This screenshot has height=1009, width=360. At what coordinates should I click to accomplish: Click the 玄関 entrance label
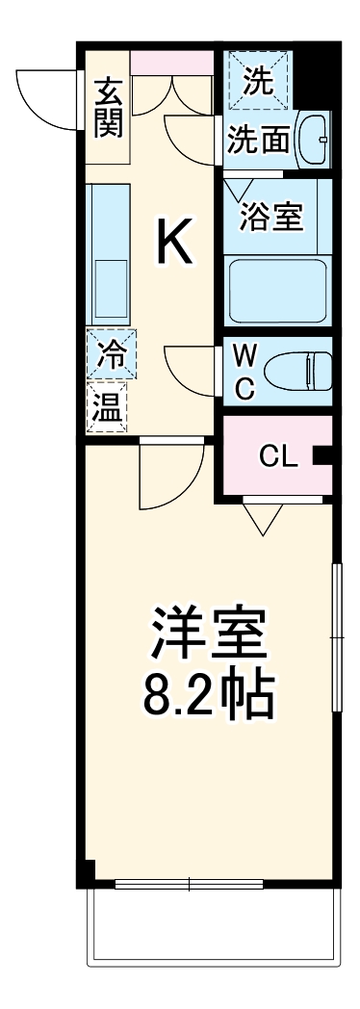[108, 107]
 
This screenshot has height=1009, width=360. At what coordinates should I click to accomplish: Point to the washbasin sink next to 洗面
[312, 141]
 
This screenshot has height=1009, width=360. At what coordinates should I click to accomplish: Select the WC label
[245, 373]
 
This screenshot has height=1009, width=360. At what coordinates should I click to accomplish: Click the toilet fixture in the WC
[302, 371]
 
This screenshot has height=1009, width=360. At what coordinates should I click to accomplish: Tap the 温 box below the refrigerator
[107, 406]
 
